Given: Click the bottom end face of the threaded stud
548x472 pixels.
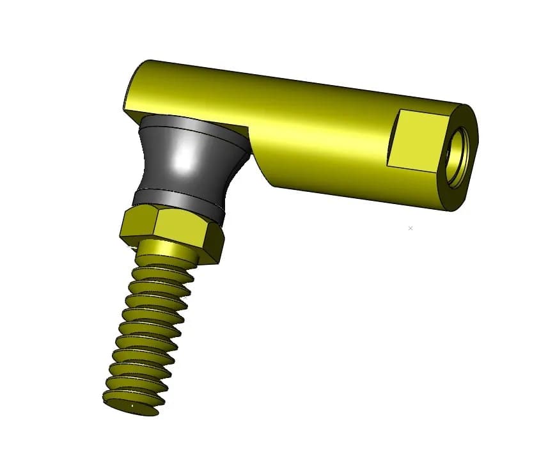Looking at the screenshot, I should (x=130, y=405).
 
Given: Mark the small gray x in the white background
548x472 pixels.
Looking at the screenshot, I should (x=411, y=228).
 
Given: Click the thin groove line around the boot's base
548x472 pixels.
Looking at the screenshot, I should (x=179, y=194).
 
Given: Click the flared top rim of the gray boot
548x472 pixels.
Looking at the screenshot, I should (x=192, y=122).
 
